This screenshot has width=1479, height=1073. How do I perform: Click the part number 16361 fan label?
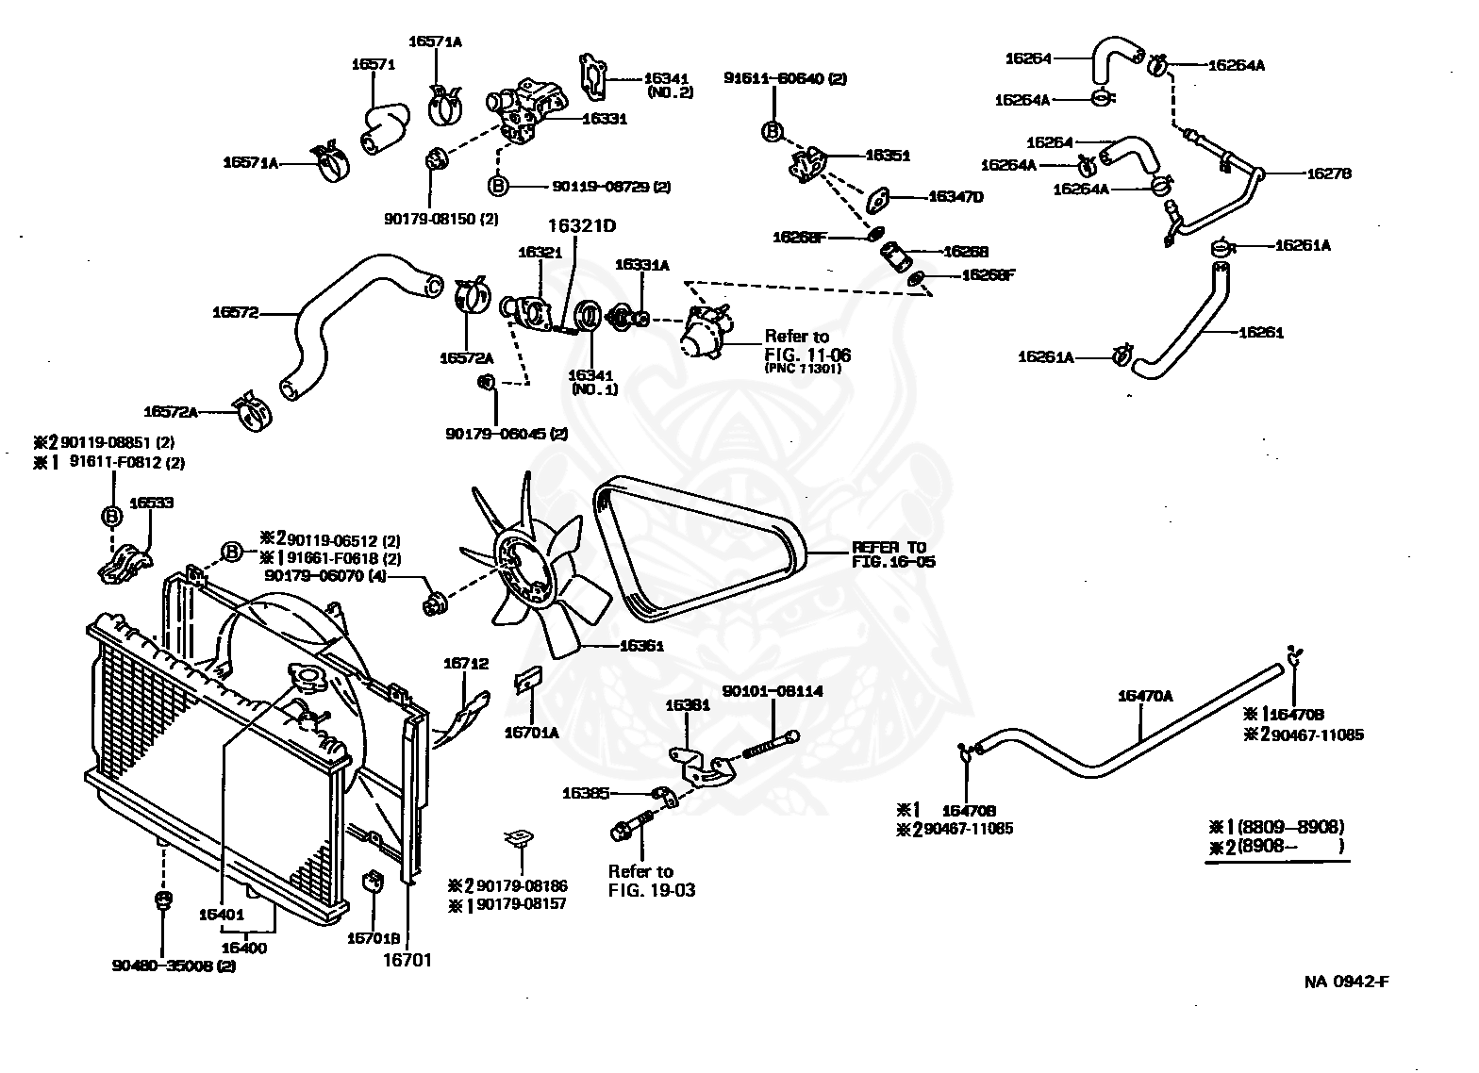point(641,647)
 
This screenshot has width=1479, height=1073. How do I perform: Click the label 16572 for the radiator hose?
point(235,312)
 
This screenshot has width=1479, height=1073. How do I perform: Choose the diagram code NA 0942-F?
point(1346,982)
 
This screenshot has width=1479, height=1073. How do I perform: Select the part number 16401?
point(222,914)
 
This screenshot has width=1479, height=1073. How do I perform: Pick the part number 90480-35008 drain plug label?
point(174,966)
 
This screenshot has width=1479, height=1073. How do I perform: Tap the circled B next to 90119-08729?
point(498,186)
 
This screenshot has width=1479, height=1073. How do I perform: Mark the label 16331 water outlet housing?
point(604,119)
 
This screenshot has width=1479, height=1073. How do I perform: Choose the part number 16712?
point(466,664)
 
